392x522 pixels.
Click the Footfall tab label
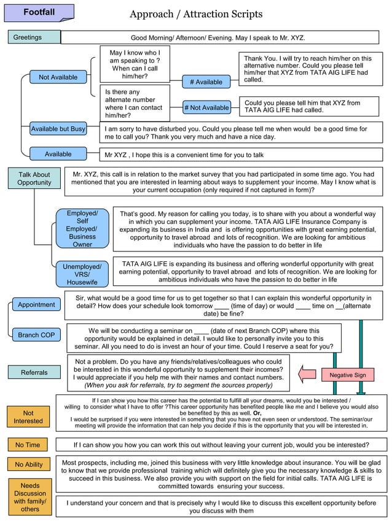point(38,13)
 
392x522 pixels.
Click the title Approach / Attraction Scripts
point(196,14)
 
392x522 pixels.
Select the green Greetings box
point(34,37)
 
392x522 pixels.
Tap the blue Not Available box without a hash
point(58,77)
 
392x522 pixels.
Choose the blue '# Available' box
point(206,82)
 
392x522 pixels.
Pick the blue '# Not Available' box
point(206,108)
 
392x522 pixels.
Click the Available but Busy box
point(58,129)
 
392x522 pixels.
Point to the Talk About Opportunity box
point(34,178)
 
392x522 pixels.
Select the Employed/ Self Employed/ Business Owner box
point(82,229)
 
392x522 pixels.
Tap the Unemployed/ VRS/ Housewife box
point(82,274)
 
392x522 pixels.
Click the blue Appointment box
point(36,305)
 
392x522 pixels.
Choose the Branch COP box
point(36,335)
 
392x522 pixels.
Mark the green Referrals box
point(34,372)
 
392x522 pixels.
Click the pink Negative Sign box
point(347,375)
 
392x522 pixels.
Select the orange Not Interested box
point(28,417)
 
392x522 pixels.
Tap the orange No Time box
point(28,445)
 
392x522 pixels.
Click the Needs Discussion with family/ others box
point(29,497)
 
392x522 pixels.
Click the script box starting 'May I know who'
point(135,64)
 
